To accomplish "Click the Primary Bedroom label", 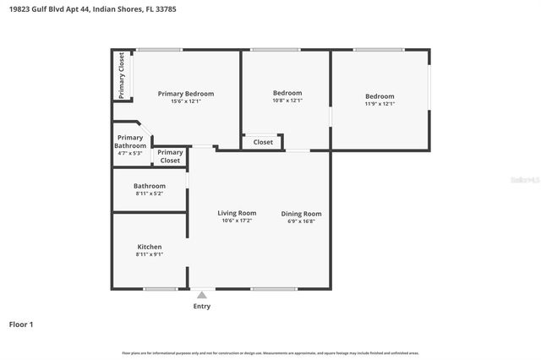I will coord(186,93).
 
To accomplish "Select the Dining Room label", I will coord(301,214).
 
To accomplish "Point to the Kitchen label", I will coord(150,247).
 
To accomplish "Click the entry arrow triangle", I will coord(201,295).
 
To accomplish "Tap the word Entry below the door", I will coord(201,306).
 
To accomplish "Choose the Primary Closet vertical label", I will coord(123,76).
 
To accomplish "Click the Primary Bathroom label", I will coord(130,141).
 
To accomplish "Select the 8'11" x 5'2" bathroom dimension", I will coord(150,194).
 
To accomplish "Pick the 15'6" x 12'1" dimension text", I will coord(186,101).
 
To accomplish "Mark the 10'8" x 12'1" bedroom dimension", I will coord(287,101).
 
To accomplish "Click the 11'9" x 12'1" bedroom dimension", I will coord(380,104).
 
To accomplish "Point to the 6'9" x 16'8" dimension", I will coord(301,221).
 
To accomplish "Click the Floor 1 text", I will coord(22,324).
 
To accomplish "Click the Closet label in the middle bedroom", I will coord(263,142).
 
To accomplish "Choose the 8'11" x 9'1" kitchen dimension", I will coord(150,254).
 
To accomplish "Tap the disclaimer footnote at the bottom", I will coord(270,352).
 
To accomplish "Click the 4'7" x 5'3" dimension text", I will coord(130,153).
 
